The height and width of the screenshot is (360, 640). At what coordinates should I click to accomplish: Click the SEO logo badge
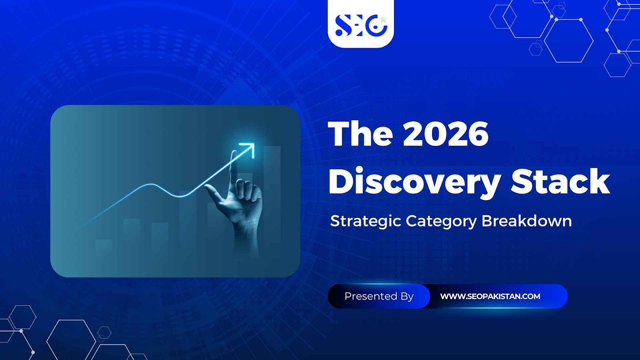[360, 24]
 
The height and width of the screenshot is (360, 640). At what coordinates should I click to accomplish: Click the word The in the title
[360, 134]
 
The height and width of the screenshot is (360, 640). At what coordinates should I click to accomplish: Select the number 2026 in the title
[446, 134]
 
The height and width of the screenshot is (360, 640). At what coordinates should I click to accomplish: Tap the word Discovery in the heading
[414, 182]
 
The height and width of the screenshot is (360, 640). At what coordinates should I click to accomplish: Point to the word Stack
[560, 182]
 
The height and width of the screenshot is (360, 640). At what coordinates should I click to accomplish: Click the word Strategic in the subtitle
[365, 221]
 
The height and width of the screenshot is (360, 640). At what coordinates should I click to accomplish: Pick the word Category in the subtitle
[441, 221]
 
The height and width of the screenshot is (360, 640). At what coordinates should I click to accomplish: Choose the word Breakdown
[526, 221]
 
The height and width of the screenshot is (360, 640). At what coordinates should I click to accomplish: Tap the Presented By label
[379, 296]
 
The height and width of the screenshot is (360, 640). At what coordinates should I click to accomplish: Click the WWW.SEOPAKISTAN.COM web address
[490, 296]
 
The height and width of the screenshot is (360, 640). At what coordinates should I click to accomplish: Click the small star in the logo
[383, 19]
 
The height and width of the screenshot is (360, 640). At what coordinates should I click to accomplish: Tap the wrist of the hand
[246, 240]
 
